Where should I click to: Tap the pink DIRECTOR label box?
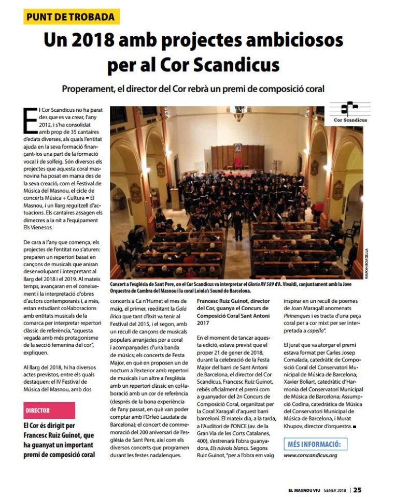49,410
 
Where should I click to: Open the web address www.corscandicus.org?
311,456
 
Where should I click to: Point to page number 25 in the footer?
358,490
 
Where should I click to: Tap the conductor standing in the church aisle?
238,224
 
